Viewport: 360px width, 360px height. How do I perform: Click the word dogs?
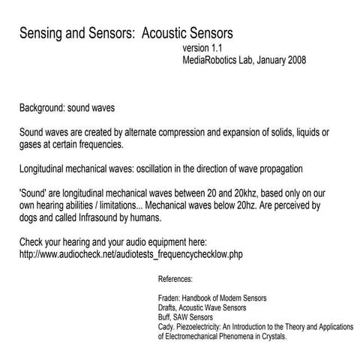click(x=31, y=217)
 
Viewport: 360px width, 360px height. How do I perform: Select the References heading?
click(x=175, y=279)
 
